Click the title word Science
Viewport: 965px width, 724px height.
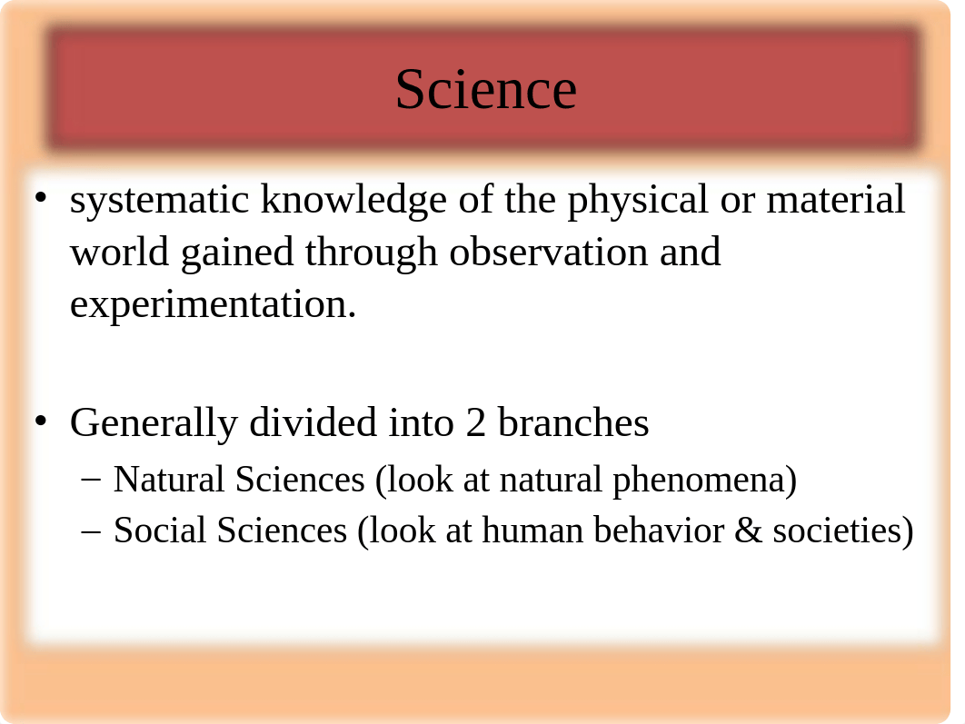485,89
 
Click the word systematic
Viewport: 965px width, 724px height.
159,200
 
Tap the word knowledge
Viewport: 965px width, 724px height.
353,200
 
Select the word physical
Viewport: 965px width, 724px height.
638,200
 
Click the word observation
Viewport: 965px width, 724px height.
548,252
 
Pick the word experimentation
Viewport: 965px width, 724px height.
213,305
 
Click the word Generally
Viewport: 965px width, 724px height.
154,423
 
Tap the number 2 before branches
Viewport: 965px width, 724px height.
475,423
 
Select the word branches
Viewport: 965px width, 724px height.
573,422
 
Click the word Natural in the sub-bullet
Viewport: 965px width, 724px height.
169,479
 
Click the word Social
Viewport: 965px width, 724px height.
159,530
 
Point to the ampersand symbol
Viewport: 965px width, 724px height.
749,531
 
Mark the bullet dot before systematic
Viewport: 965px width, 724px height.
41,197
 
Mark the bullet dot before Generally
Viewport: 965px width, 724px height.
41,421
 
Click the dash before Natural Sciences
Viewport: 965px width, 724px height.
91,481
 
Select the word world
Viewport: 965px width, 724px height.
119,252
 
